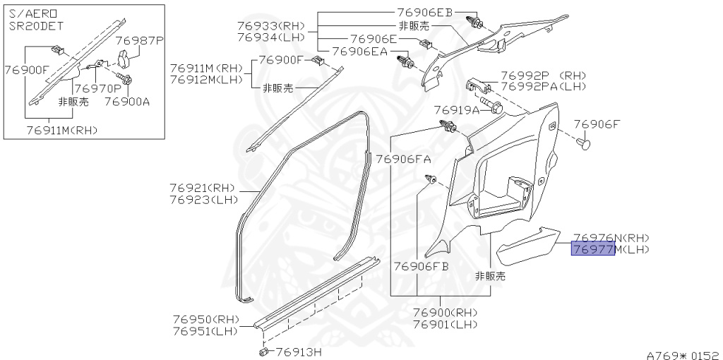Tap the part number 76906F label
[597, 124]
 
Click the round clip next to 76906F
[584, 145]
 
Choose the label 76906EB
[424, 13]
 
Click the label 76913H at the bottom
[299, 352]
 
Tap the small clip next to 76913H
[263, 350]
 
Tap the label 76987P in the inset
[139, 41]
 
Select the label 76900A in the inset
[127, 101]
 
